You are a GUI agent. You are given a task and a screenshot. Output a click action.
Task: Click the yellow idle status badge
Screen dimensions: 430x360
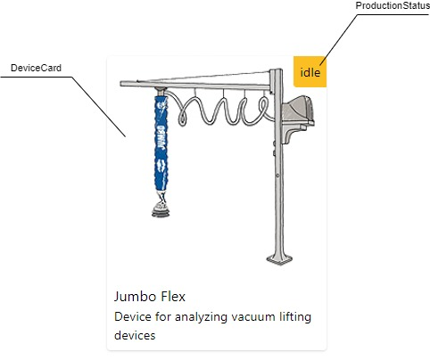pos(310,71)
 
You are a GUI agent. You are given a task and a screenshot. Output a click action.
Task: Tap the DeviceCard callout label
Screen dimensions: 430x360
pos(36,68)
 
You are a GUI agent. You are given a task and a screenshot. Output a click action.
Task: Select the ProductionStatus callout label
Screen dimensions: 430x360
pos(393,5)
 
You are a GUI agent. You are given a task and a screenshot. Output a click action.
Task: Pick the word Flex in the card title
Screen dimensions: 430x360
pos(173,297)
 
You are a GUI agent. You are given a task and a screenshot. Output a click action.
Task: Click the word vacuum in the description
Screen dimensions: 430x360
pos(253,317)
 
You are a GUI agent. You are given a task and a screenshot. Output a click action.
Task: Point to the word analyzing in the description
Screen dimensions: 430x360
pos(201,317)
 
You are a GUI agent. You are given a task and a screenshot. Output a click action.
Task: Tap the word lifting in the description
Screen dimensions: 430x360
pos(295,317)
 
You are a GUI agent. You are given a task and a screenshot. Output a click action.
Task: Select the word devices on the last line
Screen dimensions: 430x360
pos(135,335)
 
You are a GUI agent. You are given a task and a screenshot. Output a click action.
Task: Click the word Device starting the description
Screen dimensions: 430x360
pos(133,317)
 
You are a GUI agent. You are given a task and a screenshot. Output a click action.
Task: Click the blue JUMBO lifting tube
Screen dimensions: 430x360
pos(161,143)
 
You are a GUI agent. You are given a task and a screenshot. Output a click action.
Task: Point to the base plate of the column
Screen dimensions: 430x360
pos(279,259)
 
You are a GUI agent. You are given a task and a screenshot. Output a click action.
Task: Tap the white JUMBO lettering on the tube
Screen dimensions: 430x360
pos(161,137)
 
